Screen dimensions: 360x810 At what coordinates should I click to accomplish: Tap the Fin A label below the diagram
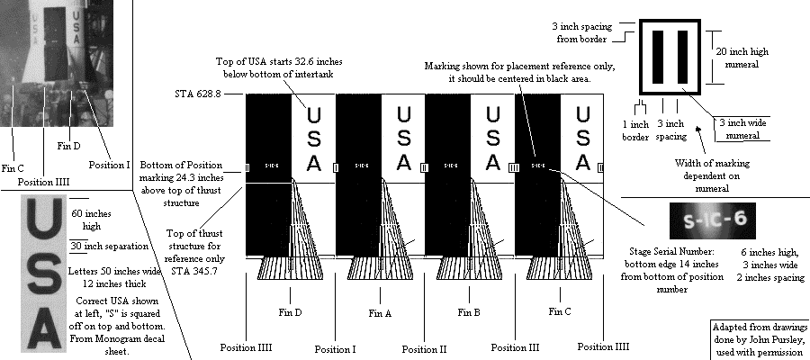point(380,313)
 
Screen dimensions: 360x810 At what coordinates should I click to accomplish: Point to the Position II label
point(424,348)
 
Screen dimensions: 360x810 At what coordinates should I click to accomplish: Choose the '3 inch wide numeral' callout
point(745,128)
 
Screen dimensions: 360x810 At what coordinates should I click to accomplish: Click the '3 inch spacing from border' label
point(586,32)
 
